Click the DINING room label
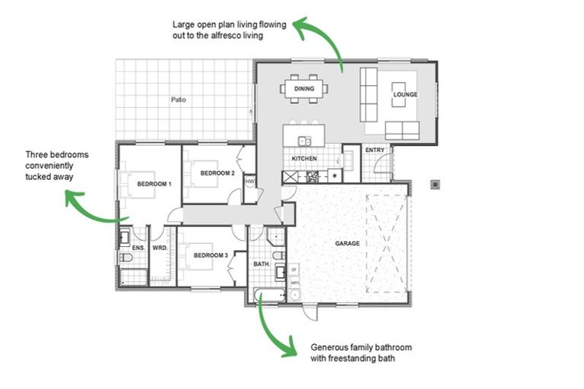[304, 89]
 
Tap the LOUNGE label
[405, 95]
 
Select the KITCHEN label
[304, 158]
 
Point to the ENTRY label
[375, 150]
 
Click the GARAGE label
[348, 244]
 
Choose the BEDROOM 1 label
[154, 185]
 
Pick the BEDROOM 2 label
[217, 173]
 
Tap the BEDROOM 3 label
[211, 256]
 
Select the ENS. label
[138, 248]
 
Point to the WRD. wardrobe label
[160, 248]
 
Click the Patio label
[178, 100]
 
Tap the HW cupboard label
[249, 181]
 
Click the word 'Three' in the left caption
[36, 154]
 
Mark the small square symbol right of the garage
[436, 183]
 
